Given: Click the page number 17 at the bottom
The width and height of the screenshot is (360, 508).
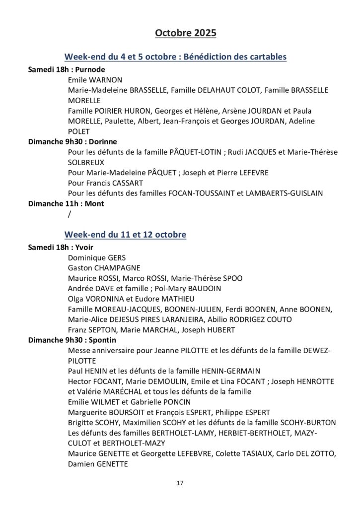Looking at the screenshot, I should pyautogui.click(x=180, y=482).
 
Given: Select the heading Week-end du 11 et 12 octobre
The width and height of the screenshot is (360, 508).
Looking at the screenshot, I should pyautogui.click(x=125, y=234).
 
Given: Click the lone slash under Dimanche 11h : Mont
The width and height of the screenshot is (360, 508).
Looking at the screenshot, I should pyautogui.click(x=69, y=214).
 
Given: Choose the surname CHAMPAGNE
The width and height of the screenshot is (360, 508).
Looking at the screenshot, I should pyautogui.click(x=115, y=267).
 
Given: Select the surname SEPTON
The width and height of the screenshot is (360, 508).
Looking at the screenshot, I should pyautogui.click(x=100, y=329).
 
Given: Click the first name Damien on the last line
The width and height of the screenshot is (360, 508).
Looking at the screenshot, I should pyautogui.click(x=81, y=464).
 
